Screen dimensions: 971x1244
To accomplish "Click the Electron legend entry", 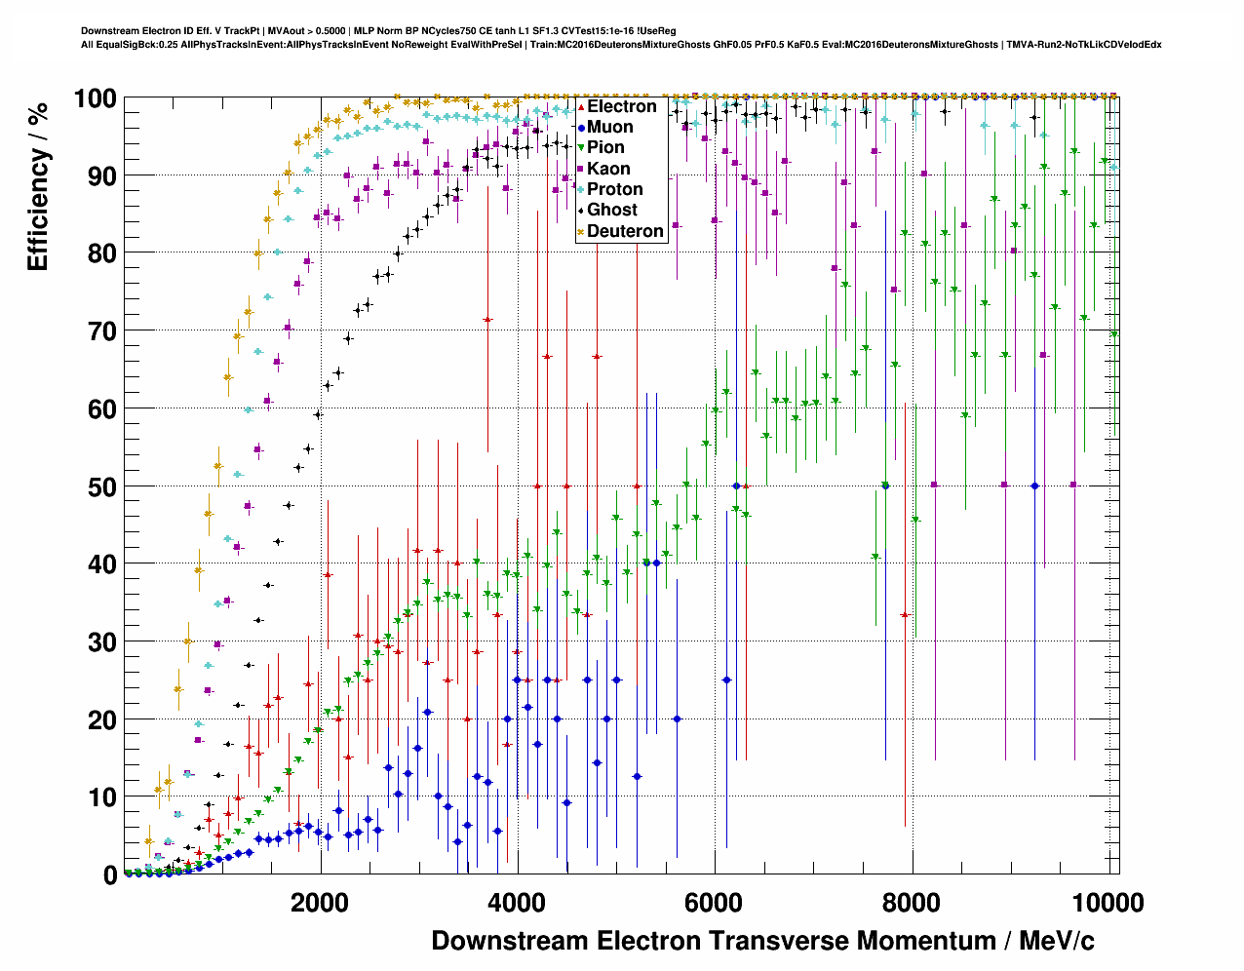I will click(621, 106).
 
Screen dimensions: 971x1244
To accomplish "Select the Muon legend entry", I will click(609, 127).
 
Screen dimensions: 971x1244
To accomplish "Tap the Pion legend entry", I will click(604, 147).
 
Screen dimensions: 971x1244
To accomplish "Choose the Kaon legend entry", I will click(607, 169).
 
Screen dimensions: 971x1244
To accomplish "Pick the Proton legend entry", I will click(614, 189).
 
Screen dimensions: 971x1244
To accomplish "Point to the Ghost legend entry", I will click(611, 210).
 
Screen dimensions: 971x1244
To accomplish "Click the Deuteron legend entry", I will click(624, 231).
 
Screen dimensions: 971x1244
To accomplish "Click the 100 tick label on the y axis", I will click(96, 98).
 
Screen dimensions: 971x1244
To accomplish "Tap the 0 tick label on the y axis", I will click(109, 875).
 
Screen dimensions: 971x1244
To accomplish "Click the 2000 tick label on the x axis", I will click(319, 903).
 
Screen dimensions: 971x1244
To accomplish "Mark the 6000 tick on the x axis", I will click(715, 903).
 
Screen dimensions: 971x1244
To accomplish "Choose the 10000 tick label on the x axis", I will click(1108, 903).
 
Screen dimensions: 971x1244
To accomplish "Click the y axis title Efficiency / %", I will click(38, 185).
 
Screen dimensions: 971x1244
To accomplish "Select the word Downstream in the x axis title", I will click(510, 941).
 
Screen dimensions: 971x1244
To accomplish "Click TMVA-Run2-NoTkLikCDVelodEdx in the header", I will click(1084, 44).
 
